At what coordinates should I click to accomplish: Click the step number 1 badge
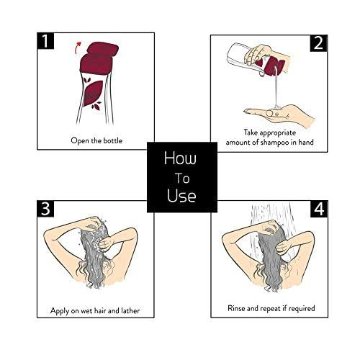tap(45, 41)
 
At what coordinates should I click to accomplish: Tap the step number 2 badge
tap(319, 43)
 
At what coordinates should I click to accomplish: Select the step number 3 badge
tap(45, 209)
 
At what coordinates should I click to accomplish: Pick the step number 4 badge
tap(319, 209)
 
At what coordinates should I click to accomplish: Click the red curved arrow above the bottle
tap(77, 47)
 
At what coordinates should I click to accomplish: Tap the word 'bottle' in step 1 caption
tap(112, 140)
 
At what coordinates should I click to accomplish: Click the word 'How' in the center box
tap(180, 158)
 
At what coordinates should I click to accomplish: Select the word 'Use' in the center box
tap(181, 195)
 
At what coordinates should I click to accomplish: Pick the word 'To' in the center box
tap(182, 179)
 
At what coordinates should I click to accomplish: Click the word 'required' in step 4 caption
tap(302, 308)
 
